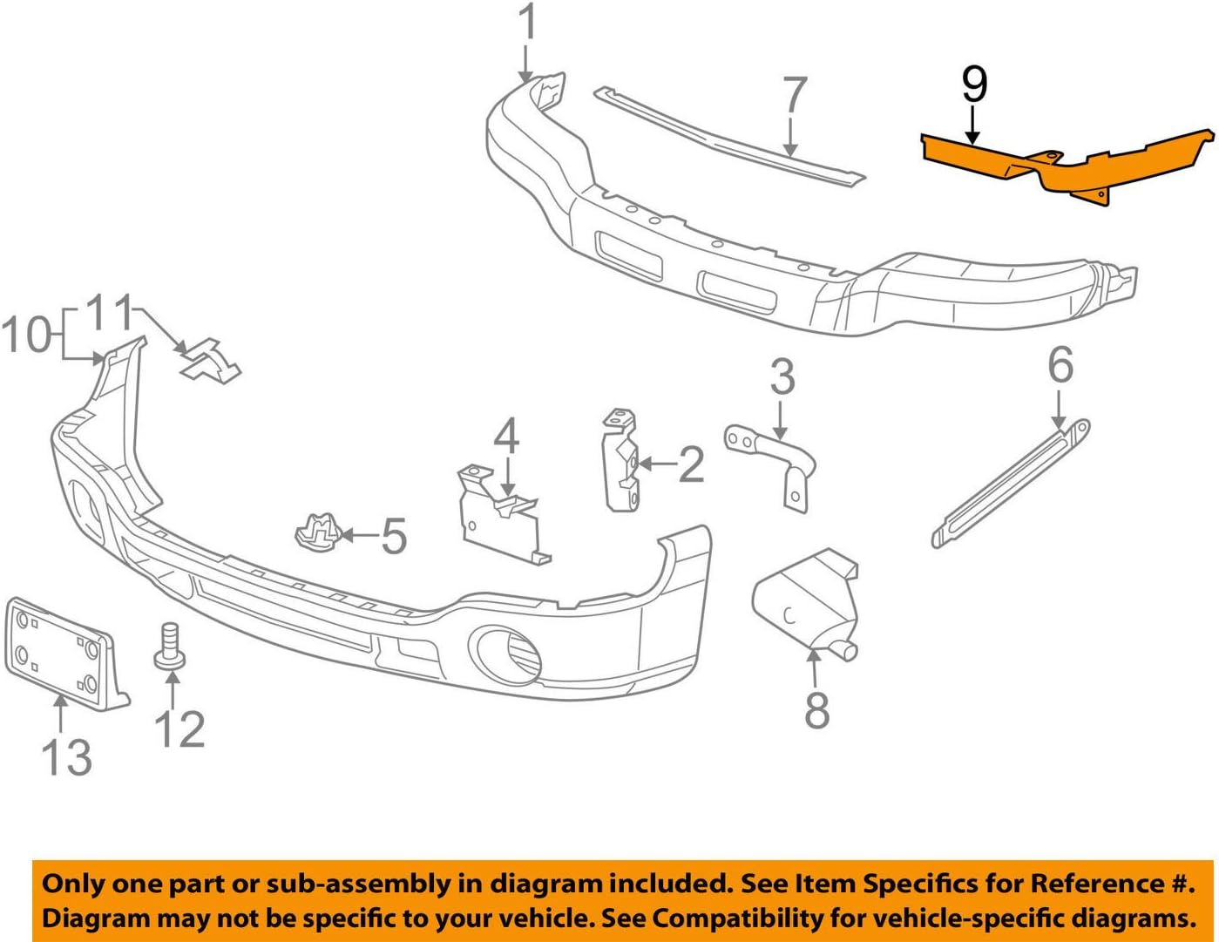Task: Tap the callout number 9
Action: [974, 85]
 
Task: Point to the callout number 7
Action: [794, 97]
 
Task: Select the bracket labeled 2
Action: [622, 461]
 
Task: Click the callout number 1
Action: [527, 23]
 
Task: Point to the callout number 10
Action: [26, 335]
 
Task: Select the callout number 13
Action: [66, 756]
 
